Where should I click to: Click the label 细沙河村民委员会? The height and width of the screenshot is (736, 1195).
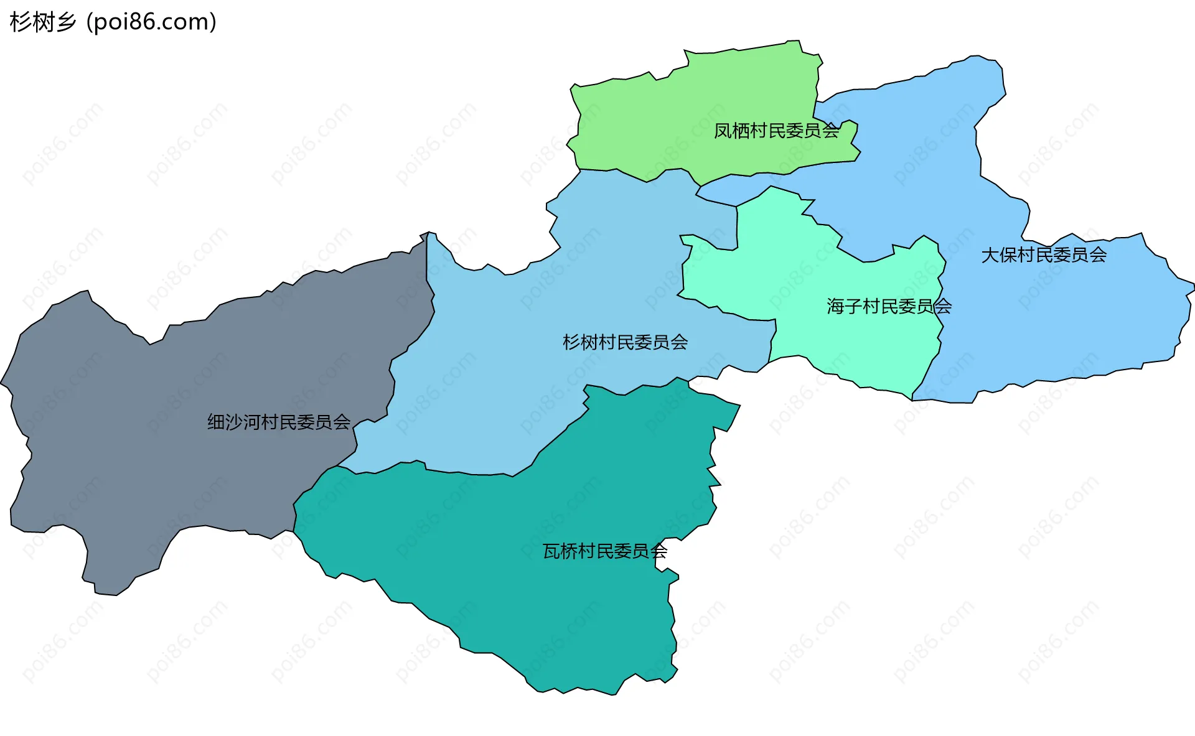tap(278, 422)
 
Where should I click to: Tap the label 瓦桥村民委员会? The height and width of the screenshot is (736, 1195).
tap(604, 551)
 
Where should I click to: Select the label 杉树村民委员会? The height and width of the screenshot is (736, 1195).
tap(625, 342)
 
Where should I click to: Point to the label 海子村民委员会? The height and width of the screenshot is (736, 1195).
tap(889, 306)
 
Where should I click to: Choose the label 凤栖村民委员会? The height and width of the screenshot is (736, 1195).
tap(776, 131)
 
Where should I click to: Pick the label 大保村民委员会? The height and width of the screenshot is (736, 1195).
tap(1044, 255)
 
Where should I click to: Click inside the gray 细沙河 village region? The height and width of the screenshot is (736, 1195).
tap(156, 436)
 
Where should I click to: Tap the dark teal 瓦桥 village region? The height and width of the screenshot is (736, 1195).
tap(529, 591)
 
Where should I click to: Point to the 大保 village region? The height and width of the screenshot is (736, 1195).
tap(1058, 311)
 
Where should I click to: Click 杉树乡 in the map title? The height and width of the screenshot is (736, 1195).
tap(42, 22)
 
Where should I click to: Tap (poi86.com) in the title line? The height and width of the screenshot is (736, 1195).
tap(152, 22)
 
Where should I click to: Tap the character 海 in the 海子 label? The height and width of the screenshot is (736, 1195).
tap(835, 306)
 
